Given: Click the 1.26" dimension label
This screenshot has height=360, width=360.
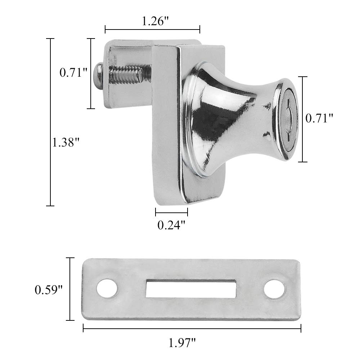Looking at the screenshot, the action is (155, 21).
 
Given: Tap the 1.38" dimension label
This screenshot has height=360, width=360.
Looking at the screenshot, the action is (66, 142).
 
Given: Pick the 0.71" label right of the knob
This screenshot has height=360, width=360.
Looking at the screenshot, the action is (319, 118).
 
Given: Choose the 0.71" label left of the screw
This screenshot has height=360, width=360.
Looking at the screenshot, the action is (73, 73).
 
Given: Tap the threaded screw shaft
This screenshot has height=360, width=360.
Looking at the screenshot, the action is (126, 74).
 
